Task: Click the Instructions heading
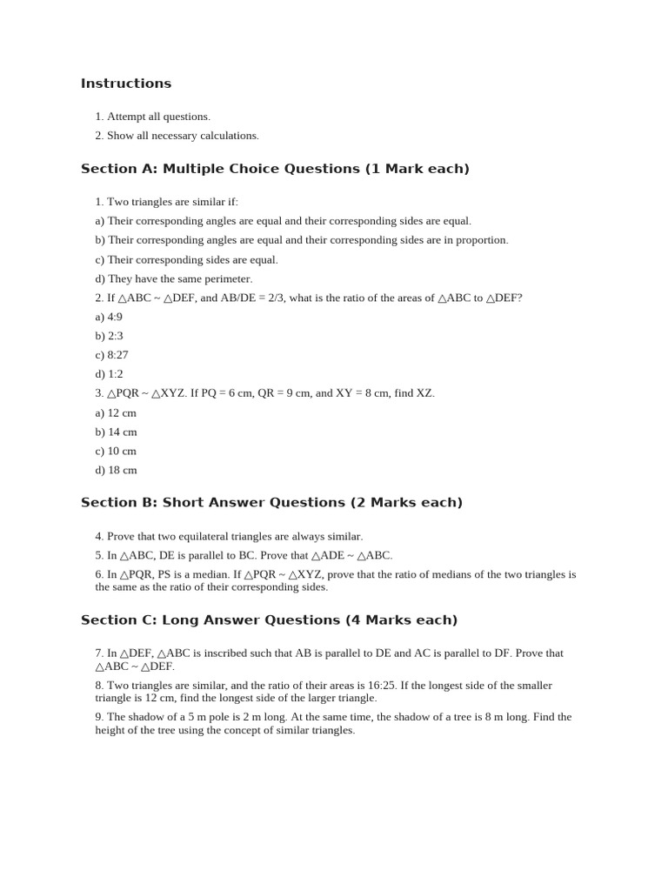[126, 84]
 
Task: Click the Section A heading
[275, 169]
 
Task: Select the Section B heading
[271, 503]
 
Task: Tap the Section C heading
[269, 620]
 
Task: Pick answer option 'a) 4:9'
[109, 317]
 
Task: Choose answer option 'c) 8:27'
[111, 355]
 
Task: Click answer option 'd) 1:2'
[109, 374]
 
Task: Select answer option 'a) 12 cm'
[116, 413]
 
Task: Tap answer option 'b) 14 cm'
[116, 432]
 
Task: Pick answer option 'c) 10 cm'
[116, 452]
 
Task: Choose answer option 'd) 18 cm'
[116, 471]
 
